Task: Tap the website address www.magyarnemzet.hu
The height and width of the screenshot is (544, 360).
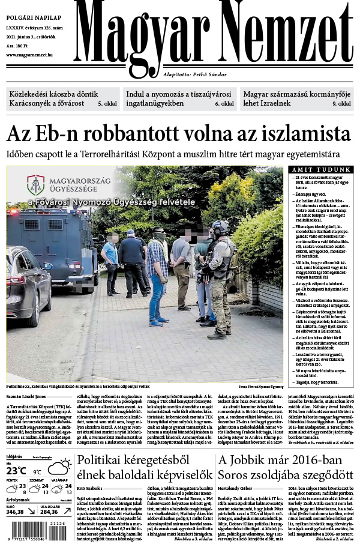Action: pos(29,55)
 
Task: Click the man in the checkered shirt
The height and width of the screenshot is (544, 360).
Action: pos(157,276)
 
